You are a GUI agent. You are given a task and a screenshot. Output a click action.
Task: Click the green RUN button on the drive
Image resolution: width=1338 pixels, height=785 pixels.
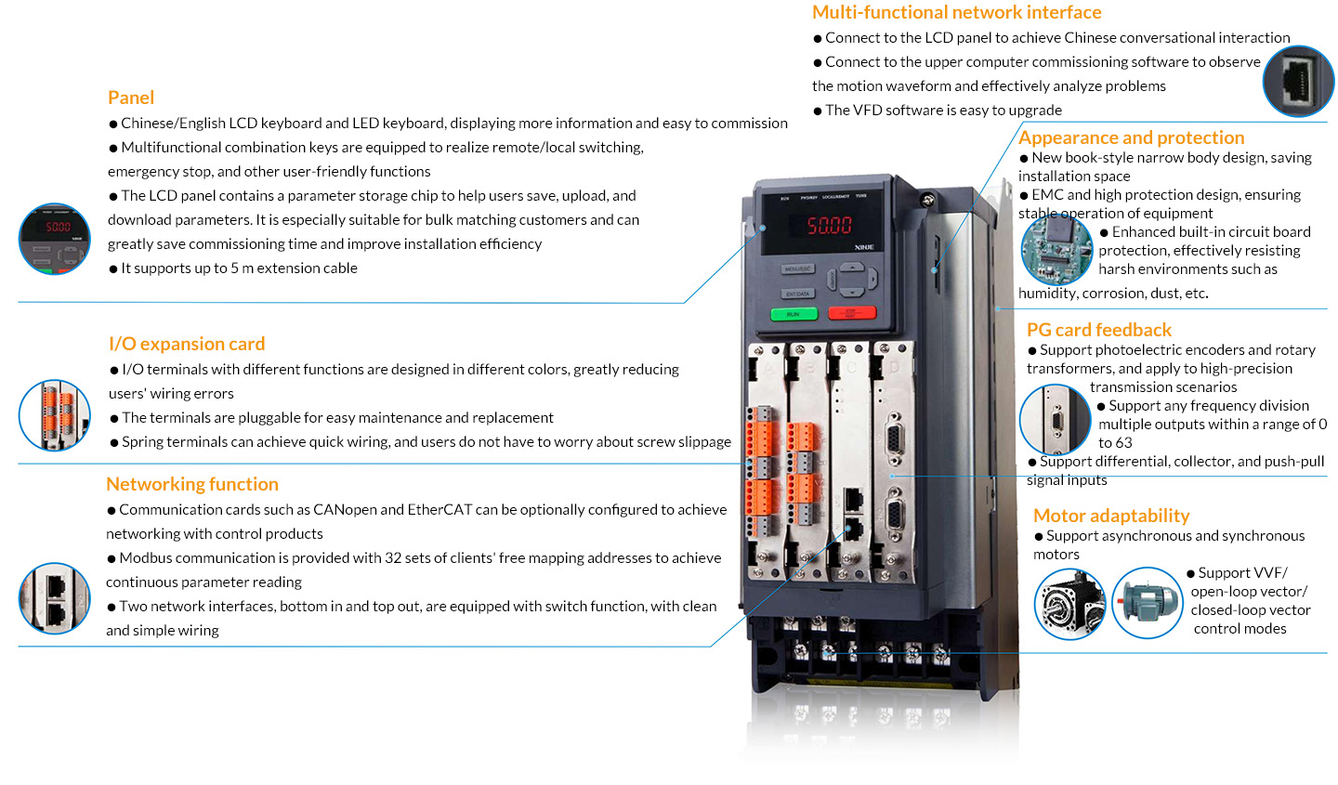point(794,314)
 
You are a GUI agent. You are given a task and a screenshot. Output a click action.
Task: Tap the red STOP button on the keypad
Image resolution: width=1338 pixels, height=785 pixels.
point(852,312)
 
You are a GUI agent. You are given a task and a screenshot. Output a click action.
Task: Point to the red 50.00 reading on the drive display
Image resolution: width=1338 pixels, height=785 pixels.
point(829,225)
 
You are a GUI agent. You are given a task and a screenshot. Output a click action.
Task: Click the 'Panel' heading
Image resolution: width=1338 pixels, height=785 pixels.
point(131,98)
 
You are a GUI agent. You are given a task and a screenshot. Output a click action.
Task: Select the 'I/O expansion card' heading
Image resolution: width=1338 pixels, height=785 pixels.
point(187,344)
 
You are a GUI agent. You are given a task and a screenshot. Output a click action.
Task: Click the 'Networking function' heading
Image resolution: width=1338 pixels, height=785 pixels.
point(192,484)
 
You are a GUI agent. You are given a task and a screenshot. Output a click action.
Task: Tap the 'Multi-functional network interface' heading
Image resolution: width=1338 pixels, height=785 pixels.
point(956,12)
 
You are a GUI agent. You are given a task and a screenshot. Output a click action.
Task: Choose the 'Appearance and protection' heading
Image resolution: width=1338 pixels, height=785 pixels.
point(1132,137)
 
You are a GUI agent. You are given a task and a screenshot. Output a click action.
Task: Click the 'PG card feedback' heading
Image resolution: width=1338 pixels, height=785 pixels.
point(1099,330)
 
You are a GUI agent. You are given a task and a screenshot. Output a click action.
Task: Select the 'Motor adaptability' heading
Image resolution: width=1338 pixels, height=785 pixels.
point(1111,516)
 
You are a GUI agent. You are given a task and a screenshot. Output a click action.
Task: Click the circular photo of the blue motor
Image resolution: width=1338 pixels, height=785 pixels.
point(1147,603)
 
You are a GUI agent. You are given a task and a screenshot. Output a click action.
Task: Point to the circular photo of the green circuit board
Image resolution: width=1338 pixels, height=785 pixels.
point(1056,250)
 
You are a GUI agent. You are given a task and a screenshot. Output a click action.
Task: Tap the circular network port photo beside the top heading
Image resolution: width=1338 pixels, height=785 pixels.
point(1298,81)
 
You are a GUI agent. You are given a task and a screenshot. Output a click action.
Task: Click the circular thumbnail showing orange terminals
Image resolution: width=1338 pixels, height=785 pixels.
point(54,415)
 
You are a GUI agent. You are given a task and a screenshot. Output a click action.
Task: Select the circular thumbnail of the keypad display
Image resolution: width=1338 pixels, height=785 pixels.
point(54,239)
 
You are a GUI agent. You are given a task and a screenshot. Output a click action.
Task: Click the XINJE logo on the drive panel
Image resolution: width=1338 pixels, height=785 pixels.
point(864,247)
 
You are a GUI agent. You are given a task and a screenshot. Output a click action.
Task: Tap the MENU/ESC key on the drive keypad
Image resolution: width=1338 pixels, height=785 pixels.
point(798,269)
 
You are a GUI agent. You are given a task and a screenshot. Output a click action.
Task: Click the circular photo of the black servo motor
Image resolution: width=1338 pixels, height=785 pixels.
point(1069,604)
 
